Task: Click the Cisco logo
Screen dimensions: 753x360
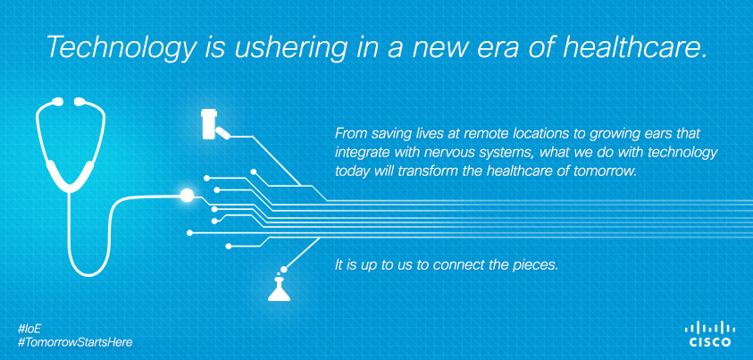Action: [x=710, y=334]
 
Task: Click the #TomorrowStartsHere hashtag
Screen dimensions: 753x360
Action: [x=74, y=342]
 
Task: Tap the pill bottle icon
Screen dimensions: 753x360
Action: [x=208, y=124]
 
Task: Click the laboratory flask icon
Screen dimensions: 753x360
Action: [x=279, y=288]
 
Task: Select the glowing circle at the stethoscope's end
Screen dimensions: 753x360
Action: [x=187, y=195]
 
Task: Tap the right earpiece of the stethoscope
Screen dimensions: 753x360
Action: [x=79, y=101]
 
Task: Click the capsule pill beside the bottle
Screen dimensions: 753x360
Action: [x=222, y=132]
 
